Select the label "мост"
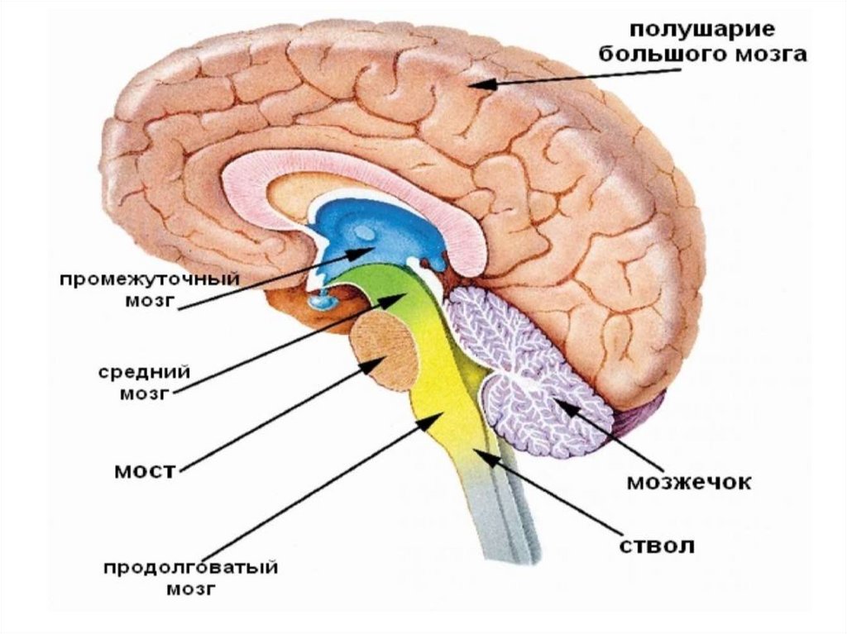tap(146, 471)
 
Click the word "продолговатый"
tap(189, 570)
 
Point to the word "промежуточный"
tap(149, 279)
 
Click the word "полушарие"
tap(703, 31)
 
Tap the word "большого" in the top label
tap(668, 55)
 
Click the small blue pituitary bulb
tap(318, 301)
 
